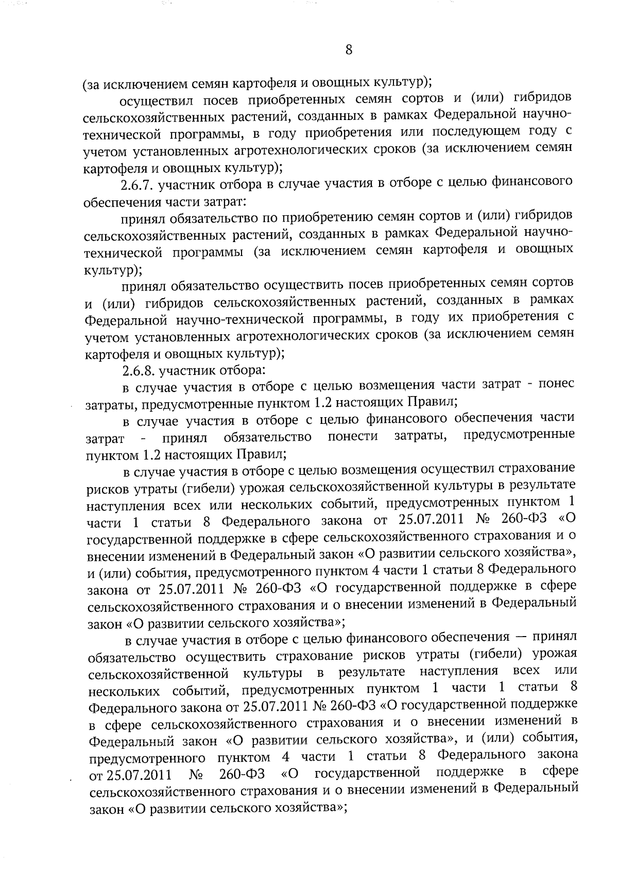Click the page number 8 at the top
click(349, 50)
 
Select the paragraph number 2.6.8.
click(138, 370)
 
